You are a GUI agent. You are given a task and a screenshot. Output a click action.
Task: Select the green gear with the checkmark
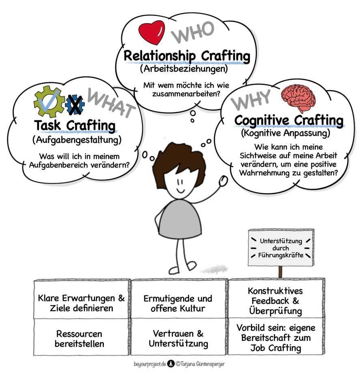(49, 102)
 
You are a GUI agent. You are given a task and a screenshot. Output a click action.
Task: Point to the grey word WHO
(192, 32)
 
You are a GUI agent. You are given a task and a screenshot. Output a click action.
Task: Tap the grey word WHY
(251, 99)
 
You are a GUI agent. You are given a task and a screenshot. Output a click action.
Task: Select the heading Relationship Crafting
(187, 56)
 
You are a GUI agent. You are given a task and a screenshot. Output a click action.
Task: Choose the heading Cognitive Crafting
(289, 121)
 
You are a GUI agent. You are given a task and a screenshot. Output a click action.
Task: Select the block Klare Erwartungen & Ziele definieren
(82, 303)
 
